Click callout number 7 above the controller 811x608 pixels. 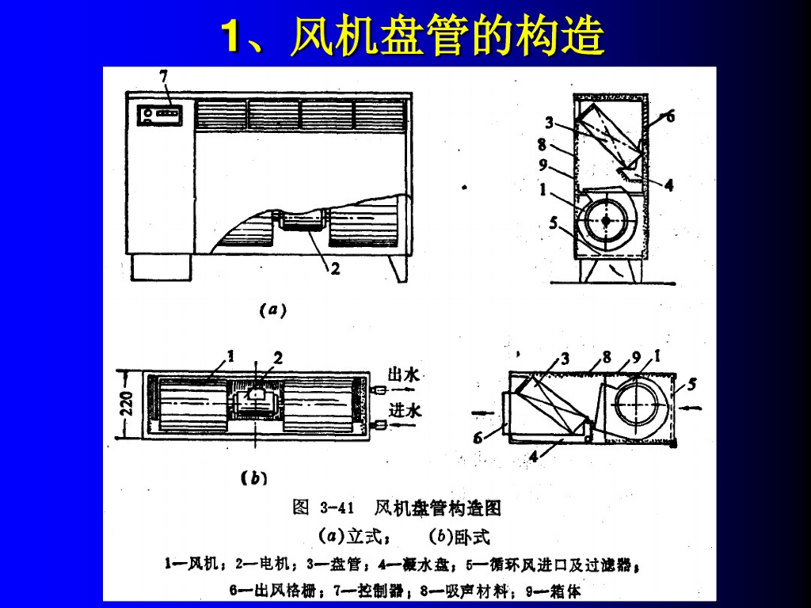(x=164, y=77)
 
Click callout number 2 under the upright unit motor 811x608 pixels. (x=336, y=269)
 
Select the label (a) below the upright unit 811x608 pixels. (x=272, y=311)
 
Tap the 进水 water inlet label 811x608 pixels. (x=405, y=410)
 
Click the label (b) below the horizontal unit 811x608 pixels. (x=254, y=478)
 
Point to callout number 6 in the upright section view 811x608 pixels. (x=670, y=116)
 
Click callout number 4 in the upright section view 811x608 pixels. (x=668, y=185)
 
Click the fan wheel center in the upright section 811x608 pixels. (x=607, y=221)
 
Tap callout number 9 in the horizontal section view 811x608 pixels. (x=636, y=357)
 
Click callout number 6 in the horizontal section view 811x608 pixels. (x=478, y=438)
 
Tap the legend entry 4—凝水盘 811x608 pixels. (x=413, y=564)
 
